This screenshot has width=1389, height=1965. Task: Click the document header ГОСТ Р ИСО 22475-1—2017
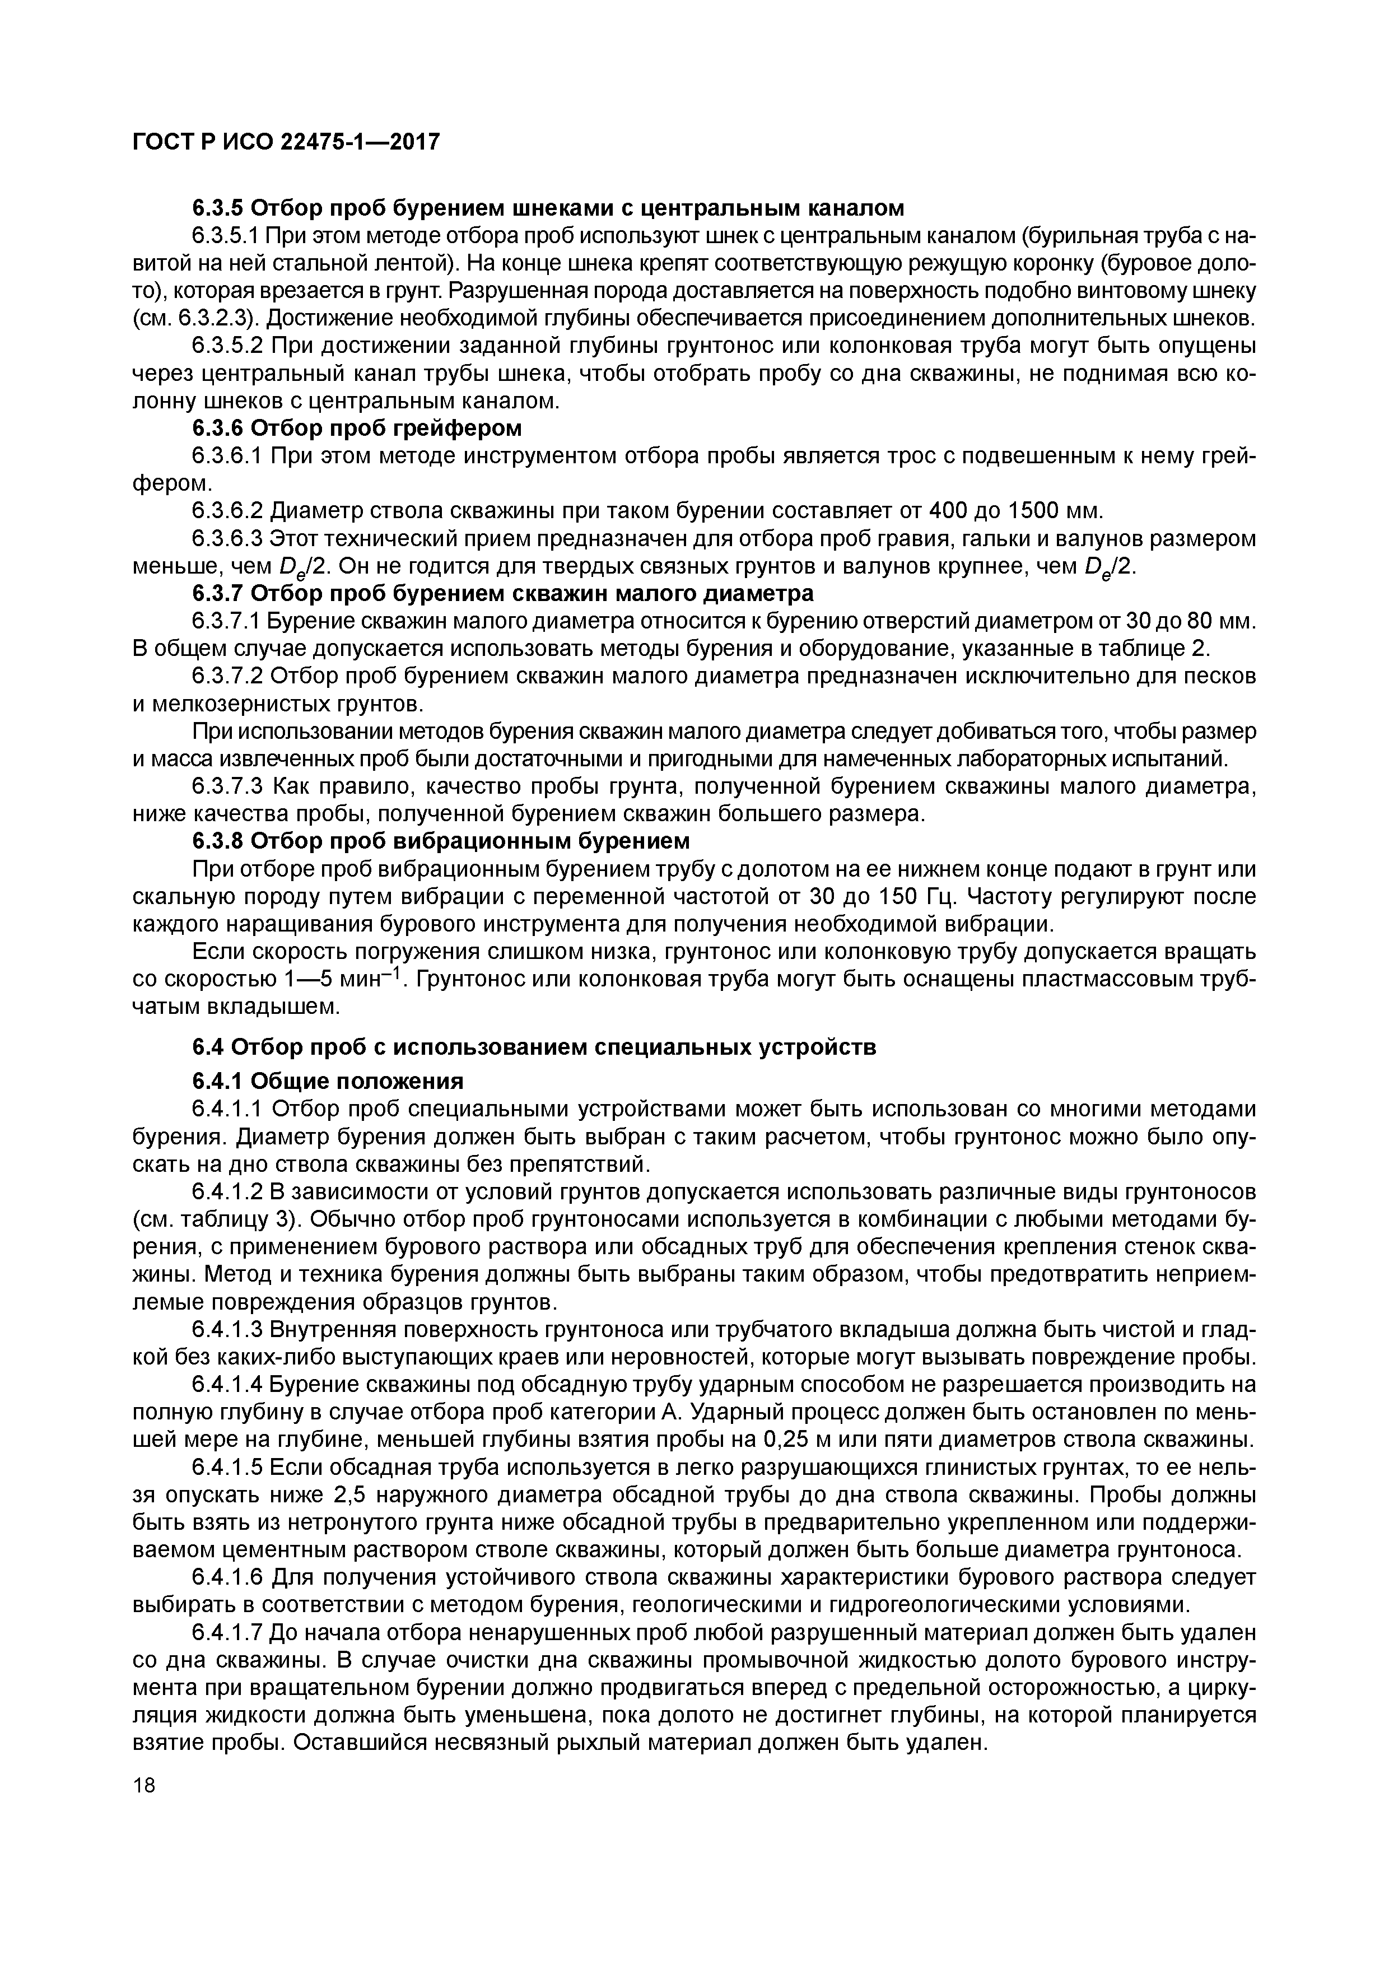point(286,141)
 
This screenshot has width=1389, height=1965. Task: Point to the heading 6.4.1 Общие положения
point(327,1081)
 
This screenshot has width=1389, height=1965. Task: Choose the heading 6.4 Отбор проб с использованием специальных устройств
point(534,1047)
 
